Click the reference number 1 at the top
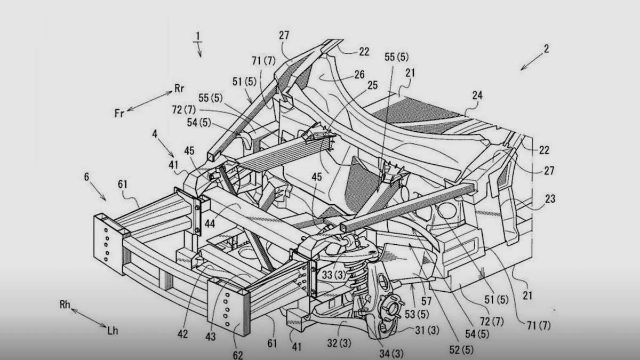[x=197, y=36]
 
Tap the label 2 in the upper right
[x=546, y=49]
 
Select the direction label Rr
[x=179, y=89]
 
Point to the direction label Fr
[x=119, y=114]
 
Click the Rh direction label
[x=65, y=305]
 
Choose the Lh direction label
[x=113, y=331]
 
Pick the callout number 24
[x=477, y=95]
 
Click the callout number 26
[x=359, y=75]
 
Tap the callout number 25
[x=373, y=85]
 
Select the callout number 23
[x=550, y=199]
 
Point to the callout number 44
[x=210, y=223]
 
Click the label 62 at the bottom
[x=238, y=355]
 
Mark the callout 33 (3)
[x=334, y=275]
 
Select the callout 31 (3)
[x=427, y=330]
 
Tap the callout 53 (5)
[x=417, y=314]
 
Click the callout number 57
[x=426, y=301]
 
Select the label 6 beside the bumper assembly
[x=86, y=177]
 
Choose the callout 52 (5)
[x=461, y=350]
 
